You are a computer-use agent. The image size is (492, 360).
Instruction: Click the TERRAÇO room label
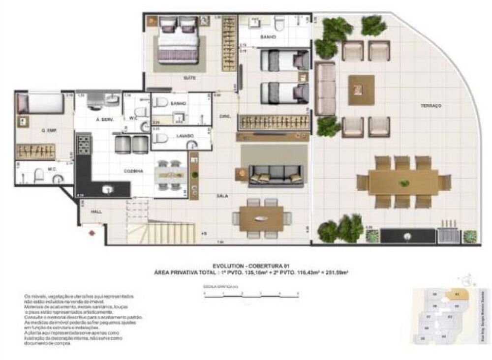431,106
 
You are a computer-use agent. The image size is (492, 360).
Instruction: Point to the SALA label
222,195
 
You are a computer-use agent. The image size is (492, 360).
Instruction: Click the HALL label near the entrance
96,211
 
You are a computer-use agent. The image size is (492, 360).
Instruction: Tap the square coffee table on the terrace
362,89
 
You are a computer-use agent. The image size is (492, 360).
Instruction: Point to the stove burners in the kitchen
83,144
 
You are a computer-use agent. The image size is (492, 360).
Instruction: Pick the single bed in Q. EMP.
40,103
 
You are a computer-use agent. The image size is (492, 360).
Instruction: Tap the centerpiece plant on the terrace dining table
404,183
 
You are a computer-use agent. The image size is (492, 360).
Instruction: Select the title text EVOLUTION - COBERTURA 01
251,266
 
